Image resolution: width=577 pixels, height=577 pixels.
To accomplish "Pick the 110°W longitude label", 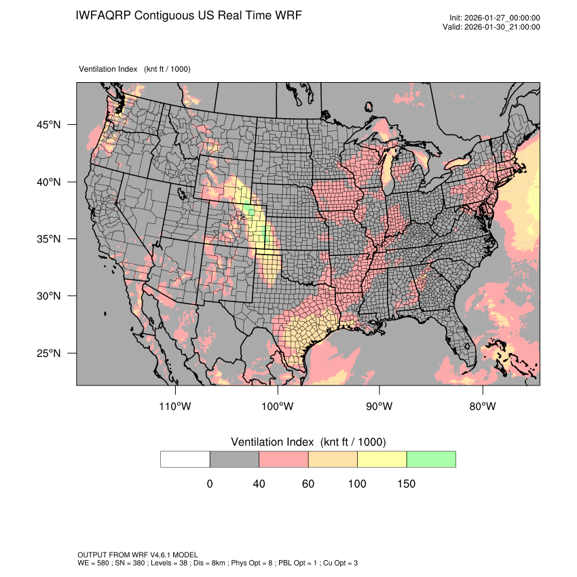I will click(x=176, y=407).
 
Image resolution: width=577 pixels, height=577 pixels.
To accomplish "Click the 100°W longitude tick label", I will click(x=278, y=407).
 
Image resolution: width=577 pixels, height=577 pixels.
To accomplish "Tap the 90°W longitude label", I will click(x=379, y=407).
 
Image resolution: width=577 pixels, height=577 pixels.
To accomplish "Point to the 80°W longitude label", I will click(x=482, y=407).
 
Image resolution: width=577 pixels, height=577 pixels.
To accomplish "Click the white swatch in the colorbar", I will click(x=185, y=459).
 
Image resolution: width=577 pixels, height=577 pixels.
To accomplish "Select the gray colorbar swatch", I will click(x=234, y=459).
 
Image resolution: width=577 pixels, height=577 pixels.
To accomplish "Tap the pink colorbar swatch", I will click(x=284, y=459).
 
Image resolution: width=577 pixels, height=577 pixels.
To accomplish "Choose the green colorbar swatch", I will click(x=431, y=459).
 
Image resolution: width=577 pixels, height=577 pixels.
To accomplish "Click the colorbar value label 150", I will click(x=406, y=484).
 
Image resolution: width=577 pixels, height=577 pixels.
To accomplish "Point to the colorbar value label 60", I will click(x=308, y=484).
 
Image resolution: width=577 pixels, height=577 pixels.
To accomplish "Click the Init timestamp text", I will click(x=495, y=18).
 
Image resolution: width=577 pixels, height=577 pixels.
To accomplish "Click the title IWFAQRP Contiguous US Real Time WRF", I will click(x=189, y=16).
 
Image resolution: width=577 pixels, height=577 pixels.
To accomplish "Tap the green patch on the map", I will click(x=252, y=212).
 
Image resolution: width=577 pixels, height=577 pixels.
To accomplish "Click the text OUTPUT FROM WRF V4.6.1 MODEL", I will click(x=138, y=555).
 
